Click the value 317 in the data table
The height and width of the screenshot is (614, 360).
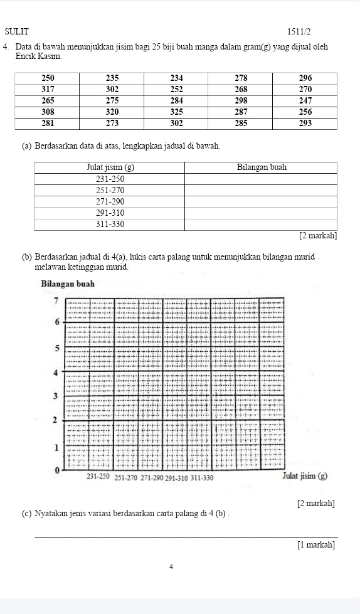click(x=47, y=89)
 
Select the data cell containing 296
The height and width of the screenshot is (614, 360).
click(x=305, y=78)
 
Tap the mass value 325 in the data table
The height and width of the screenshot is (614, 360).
click(x=176, y=112)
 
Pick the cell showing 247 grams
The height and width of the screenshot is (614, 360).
click(x=305, y=100)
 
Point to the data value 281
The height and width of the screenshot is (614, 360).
click(x=47, y=123)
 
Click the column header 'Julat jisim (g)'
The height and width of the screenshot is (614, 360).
click(x=110, y=167)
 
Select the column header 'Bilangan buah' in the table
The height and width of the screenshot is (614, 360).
click(x=261, y=167)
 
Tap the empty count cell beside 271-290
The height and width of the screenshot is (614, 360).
click(x=261, y=201)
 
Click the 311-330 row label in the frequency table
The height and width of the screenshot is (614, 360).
click(x=110, y=224)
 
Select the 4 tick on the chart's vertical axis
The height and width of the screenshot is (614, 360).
click(x=56, y=372)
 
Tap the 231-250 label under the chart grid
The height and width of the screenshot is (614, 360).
click(x=98, y=478)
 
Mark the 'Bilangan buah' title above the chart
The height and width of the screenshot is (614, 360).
click(x=67, y=283)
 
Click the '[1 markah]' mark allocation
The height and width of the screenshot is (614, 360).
click(x=316, y=544)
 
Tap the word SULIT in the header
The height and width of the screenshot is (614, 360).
click(x=16, y=31)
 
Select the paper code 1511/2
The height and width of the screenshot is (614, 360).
click(x=299, y=31)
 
